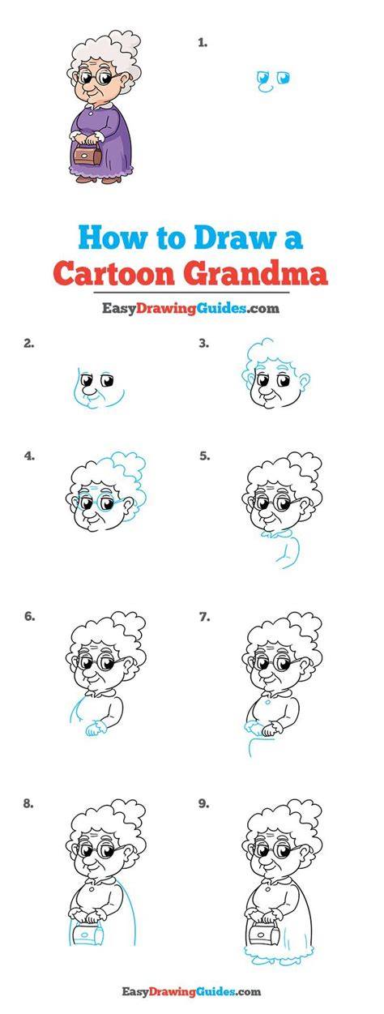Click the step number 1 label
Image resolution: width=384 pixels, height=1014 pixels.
203,43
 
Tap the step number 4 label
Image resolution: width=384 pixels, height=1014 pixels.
29,456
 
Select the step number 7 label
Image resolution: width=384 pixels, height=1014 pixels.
205,617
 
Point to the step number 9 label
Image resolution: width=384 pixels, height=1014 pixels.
203,803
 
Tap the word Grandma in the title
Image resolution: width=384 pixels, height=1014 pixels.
255,273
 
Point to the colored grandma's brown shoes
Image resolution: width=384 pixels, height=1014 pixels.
99,179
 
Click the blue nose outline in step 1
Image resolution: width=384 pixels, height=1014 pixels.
265,88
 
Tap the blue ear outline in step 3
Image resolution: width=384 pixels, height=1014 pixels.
304,383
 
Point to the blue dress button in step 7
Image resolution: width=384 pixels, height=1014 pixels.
268,701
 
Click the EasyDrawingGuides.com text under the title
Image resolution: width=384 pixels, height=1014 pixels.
190,308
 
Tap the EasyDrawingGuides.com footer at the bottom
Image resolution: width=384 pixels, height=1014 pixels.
191,990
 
